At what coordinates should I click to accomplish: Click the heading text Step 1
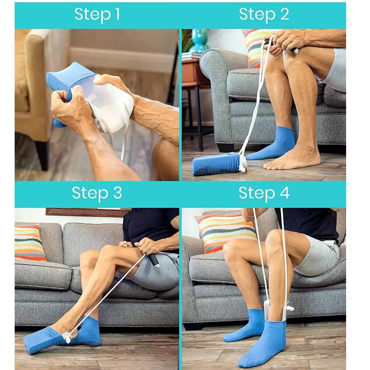(x=97, y=15)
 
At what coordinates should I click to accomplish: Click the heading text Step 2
(x=264, y=15)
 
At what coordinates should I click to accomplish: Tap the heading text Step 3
(x=97, y=193)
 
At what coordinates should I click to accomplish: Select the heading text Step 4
(x=264, y=193)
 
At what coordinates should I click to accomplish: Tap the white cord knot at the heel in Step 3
(x=69, y=339)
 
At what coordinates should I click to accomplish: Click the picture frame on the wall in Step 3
(x=87, y=212)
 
